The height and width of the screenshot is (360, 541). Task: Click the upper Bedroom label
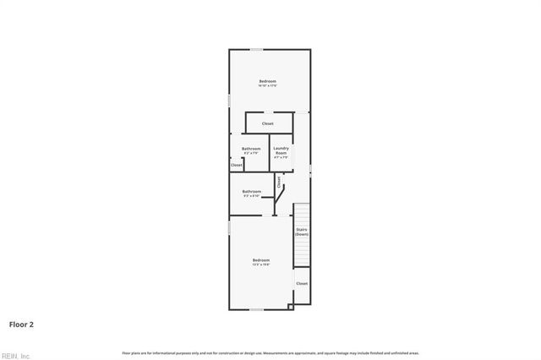click(267, 81)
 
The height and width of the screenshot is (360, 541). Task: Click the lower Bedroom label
click(261, 259)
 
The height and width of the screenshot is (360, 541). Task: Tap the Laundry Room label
click(281, 151)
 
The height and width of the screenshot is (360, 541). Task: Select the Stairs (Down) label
click(302, 231)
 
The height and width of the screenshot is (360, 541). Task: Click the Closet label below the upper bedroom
click(267, 124)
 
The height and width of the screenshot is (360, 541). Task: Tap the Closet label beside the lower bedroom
click(302, 284)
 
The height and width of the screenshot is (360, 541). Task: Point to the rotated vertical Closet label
click(279, 182)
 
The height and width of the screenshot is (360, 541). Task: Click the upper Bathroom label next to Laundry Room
click(251, 150)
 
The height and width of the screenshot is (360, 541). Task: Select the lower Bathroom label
click(251, 192)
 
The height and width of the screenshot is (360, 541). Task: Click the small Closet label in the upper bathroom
click(237, 166)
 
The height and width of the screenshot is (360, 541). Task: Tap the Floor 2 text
click(21, 324)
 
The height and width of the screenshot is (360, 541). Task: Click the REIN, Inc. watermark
click(16, 355)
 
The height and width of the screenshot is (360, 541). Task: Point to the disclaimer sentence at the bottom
click(270, 352)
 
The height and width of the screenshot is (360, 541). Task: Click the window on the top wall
click(255, 49)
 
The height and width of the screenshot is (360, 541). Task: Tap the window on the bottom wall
click(255, 309)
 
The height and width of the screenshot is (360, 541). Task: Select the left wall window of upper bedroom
click(229, 100)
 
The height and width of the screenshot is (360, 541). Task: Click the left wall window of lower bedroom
click(229, 229)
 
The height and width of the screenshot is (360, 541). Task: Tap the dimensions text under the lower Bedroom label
click(261, 265)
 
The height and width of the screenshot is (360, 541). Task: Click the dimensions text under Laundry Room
click(281, 157)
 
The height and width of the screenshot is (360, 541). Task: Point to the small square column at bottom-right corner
click(291, 306)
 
